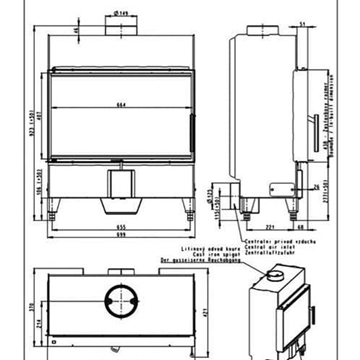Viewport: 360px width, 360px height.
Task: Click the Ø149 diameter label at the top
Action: (x=122, y=13)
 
